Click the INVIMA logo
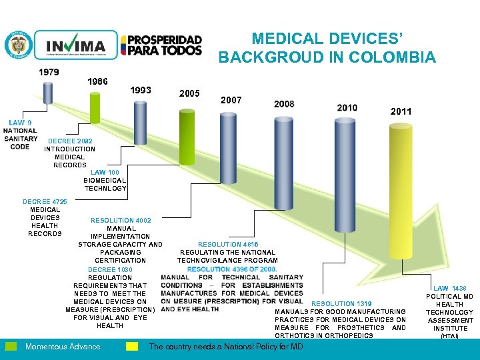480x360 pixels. pos(75,46)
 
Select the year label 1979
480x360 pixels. pos(49,72)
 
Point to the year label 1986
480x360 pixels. pos(97,81)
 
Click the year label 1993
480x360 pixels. pos(141,90)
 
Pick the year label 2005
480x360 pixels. pos(190,93)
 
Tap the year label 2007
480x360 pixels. pos(231,100)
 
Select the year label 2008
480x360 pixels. pos(284,104)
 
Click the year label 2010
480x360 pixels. pos(347,107)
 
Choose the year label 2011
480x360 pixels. pos(401,112)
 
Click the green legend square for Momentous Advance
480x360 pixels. pos(11,346)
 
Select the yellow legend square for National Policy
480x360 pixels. pos(133,346)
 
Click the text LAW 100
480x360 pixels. pos(105,173)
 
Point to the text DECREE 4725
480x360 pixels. pos(45,201)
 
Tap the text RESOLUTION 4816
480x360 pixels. pos(228,245)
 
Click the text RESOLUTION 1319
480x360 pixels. pos(342,304)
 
